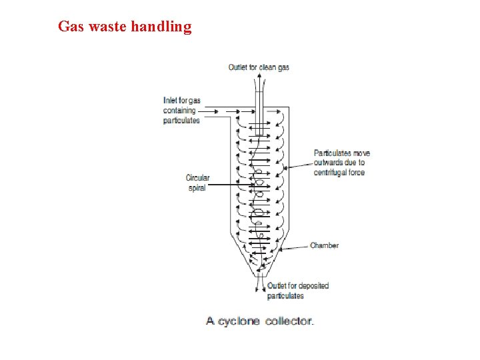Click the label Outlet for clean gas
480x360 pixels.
pos(259,67)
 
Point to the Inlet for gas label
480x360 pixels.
pos(181,101)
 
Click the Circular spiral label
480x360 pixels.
pos(197,183)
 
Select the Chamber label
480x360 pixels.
pos(324,245)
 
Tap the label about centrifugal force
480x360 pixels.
pos(341,163)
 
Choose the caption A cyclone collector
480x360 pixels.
pos(259,321)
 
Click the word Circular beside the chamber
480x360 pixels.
pos(197,178)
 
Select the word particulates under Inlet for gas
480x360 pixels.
pos(181,121)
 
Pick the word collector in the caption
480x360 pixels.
pos(289,321)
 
